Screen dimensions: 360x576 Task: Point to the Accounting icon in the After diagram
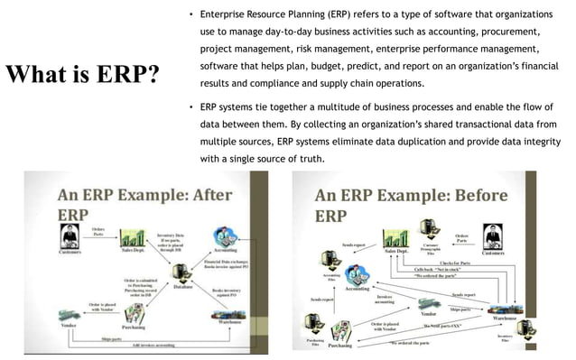click(225, 240)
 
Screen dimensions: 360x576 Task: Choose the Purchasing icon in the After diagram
click(135, 312)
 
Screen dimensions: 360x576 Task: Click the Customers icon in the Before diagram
click(492, 237)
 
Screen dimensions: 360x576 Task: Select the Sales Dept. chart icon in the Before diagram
click(396, 238)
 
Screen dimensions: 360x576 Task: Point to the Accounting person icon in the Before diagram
click(358, 276)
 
